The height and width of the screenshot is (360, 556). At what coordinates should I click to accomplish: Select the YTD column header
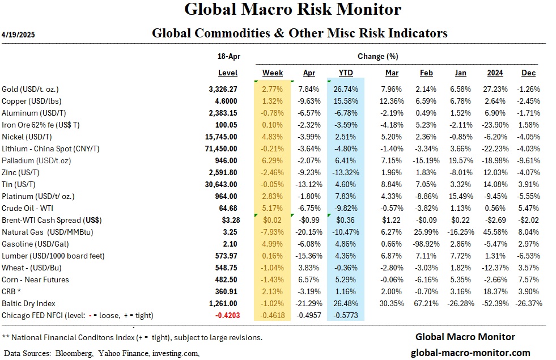[x=346, y=73]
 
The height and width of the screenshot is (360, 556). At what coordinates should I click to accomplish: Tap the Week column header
[x=273, y=73]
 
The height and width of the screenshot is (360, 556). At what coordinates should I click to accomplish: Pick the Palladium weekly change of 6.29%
[x=273, y=160]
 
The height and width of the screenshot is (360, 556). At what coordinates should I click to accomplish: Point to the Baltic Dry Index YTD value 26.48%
[x=346, y=303]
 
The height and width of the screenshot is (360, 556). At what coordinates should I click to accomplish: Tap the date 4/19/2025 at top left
[x=19, y=35]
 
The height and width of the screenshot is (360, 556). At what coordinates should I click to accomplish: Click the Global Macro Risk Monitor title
[x=293, y=10]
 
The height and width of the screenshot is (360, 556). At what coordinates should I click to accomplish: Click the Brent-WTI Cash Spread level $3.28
[x=228, y=220]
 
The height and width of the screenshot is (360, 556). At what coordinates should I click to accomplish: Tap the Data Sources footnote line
[x=101, y=353]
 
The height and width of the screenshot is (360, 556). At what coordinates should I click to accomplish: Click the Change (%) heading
[x=377, y=57]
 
